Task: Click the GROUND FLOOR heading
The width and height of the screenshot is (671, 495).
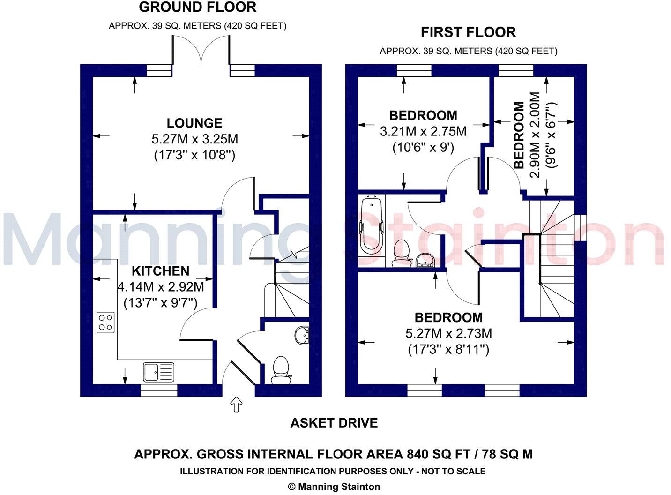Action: tap(197, 7)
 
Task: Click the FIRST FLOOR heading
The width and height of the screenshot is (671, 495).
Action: tap(468, 32)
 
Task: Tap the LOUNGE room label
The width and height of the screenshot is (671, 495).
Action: tap(194, 123)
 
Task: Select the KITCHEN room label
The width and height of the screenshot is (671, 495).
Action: tap(160, 271)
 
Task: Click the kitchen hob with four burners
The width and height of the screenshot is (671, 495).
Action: tap(105, 322)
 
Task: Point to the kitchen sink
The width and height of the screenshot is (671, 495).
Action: tap(158, 372)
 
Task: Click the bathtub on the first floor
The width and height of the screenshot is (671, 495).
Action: tap(371, 227)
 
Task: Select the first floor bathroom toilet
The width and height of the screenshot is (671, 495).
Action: tap(401, 253)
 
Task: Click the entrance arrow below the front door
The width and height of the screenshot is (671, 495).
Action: tap(237, 404)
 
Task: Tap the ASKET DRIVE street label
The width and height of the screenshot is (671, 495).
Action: tap(334, 423)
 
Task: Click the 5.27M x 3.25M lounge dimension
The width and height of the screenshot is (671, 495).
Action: tap(194, 139)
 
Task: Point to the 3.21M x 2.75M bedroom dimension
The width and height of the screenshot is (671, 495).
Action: tap(423, 131)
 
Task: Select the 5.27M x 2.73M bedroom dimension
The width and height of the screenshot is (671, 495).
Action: tap(448, 334)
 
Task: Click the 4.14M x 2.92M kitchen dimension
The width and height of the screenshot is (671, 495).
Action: tap(160, 286)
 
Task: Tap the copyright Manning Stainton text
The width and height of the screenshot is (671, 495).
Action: tap(334, 487)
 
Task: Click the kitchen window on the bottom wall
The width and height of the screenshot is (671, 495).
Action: tap(159, 390)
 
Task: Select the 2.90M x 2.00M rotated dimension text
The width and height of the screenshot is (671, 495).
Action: tap(535, 135)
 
